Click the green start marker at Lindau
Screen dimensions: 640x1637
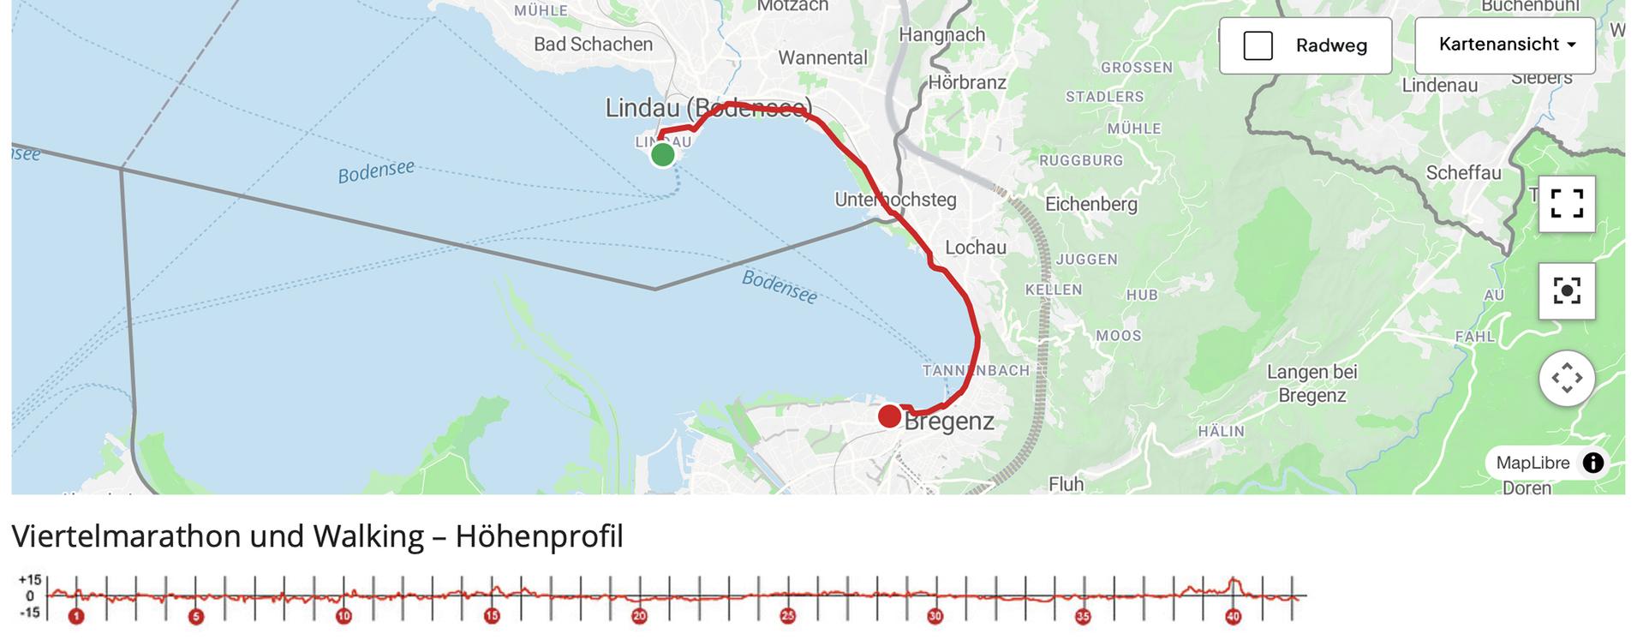[x=662, y=155]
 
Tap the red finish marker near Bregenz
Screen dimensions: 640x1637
[x=889, y=417]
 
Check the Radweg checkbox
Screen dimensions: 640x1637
[x=1258, y=46]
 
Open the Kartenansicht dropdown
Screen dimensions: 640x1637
[x=1504, y=45]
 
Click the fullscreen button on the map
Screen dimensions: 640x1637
[x=1566, y=204]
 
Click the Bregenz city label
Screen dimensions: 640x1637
[x=949, y=422]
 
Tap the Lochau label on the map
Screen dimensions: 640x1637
[x=975, y=248]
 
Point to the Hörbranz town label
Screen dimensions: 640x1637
[x=967, y=83]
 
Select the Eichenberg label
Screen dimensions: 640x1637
[x=1090, y=204]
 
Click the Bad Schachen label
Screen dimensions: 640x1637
[x=593, y=45]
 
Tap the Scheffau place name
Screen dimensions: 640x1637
[x=1463, y=173]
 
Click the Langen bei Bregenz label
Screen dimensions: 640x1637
[x=1311, y=384]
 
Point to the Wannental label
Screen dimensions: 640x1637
[x=822, y=58]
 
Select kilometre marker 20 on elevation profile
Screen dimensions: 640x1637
[x=639, y=616]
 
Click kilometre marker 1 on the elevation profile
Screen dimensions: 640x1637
[x=76, y=616]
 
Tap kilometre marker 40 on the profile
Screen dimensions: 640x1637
[x=1233, y=616]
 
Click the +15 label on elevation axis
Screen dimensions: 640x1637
[x=29, y=581]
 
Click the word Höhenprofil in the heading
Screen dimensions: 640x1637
[x=539, y=536]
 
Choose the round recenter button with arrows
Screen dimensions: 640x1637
[x=1566, y=378]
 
